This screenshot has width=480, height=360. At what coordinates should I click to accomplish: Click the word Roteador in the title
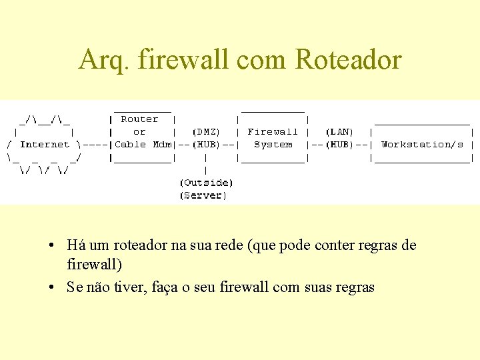click(348, 60)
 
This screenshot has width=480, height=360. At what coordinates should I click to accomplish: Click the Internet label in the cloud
click(45, 144)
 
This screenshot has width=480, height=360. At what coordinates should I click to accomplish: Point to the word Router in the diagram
click(139, 119)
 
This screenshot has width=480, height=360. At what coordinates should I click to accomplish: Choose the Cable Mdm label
click(143, 144)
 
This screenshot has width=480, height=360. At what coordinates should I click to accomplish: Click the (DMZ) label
click(206, 132)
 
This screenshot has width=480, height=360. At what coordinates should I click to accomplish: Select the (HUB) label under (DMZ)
click(206, 144)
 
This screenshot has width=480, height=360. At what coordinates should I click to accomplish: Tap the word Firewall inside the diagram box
click(273, 132)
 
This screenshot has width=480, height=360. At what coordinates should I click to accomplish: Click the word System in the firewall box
click(273, 144)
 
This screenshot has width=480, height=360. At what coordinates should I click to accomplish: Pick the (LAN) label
click(339, 132)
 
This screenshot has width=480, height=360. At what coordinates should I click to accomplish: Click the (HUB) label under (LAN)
click(339, 144)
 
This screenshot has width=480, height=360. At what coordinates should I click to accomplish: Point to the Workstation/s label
click(422, 144)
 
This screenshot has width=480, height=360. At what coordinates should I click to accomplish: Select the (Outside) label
click(206, 183)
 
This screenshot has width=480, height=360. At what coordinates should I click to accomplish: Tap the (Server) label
click(203, 195)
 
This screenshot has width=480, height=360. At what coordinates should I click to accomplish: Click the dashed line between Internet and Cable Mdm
click(97, 144)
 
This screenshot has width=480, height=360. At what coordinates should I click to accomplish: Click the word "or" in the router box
click(139, 132)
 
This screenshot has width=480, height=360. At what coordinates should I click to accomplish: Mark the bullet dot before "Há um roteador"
click(51, 245)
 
